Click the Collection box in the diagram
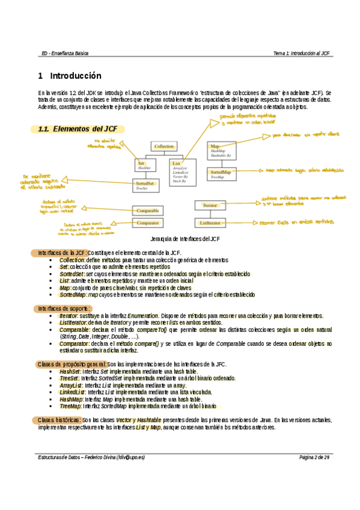pyautogui.click(x=163, y=146)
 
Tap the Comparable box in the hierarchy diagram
pyautogui.click(x=147, y=211)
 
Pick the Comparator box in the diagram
pyautogui.click(x=147, y=223)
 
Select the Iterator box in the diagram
pyautogui.click(x=210, y=206)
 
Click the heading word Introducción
pyautogui.click(x=75, y=76)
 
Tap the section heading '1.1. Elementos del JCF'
pyautogui.click(x=78, y=129)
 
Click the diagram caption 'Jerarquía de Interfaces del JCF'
pyautogui.click(x=180, y=239)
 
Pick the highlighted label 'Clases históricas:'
pyautogui.click(x=59, y=419)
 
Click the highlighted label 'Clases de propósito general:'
pyautogui.click(x=72, y=364)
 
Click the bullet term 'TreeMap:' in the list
pyautogui.click(x=71, y=407)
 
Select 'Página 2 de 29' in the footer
pyautogui.click(x=314, y=457)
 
